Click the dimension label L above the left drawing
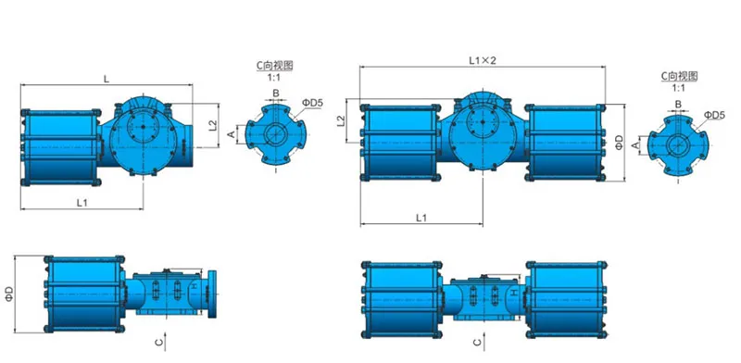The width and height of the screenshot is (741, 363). [x=107, y=79]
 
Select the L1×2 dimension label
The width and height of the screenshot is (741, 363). [x=482, y=60]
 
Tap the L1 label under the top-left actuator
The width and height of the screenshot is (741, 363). [x=82, y=202]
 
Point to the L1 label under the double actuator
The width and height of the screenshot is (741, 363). [x=421, y=218]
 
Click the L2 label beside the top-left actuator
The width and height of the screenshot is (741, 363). [x=213, y=125]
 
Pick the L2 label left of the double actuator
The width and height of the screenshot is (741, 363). [x=341, y=121]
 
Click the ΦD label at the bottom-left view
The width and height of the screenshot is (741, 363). [x=9, y=294]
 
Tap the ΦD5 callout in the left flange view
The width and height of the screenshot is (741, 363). [x=313, y=103]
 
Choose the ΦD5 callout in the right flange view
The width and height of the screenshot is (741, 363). [x=714, y=115]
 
